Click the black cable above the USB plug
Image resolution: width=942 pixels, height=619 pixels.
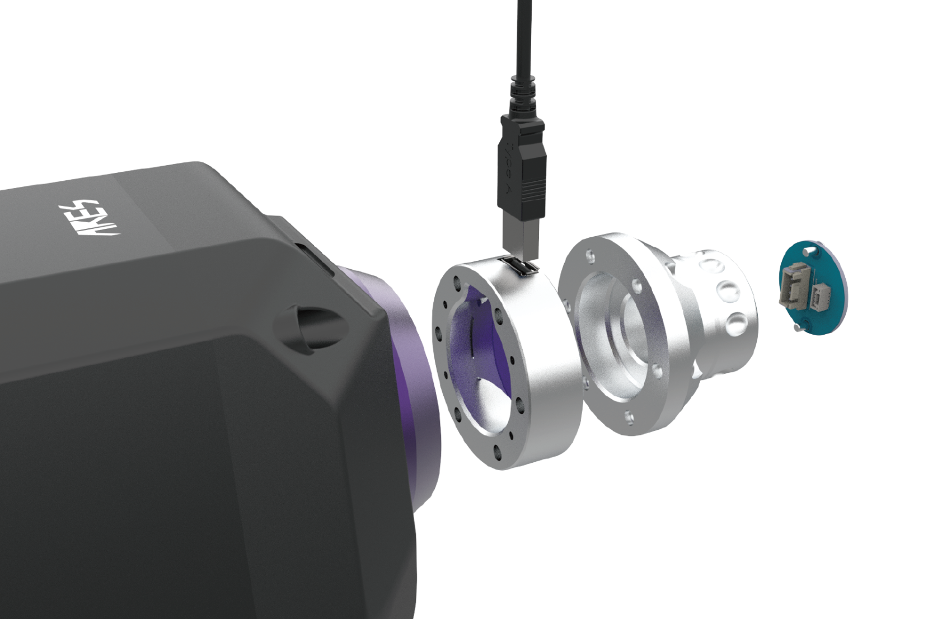(524, 34)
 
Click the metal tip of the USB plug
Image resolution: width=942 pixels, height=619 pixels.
(521, 235)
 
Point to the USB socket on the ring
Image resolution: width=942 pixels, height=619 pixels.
(519, 266)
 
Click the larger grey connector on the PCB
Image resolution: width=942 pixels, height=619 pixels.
(792, 285)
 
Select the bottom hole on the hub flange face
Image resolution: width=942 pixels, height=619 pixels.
(629, 416)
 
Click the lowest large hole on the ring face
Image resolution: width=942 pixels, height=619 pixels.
(496, 449)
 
